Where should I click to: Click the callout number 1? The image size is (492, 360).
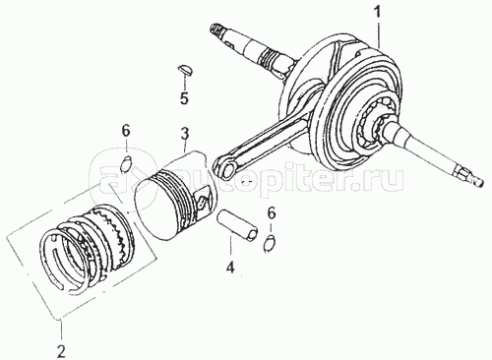[379, 12]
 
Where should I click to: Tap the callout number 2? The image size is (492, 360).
[61, 350]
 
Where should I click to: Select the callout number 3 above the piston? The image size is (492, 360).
[184, 133]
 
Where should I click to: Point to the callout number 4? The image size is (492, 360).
[230, 268]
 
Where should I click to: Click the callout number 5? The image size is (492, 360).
[184, 97]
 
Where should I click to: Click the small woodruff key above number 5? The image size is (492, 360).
[186, 70]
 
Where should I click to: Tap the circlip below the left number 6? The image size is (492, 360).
[126, 164]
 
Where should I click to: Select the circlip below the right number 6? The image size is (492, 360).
[270, 244]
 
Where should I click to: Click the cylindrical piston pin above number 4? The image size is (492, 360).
[238, 227]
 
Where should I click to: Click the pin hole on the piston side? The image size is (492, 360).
[203, 200]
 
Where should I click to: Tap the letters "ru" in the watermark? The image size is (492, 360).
[387, 179]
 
